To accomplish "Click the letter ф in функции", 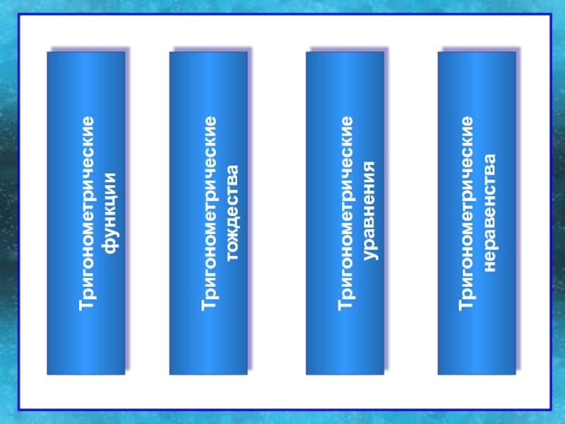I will point(110,251).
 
